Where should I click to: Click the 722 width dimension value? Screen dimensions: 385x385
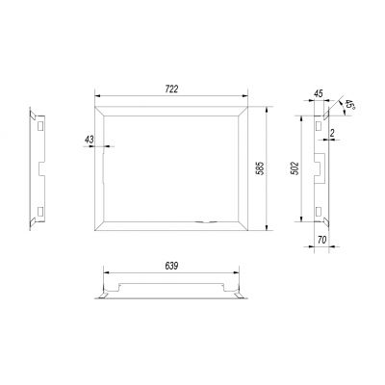tap(171, 90)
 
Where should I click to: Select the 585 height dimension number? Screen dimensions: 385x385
tap(261, 167)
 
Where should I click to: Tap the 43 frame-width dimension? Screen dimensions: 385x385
tap(90, 140)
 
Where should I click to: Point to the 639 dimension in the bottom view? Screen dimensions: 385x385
tap(171, 266)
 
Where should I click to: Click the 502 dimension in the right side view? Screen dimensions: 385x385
tap(295, 168)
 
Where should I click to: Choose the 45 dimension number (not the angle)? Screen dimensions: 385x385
tap(318, 93)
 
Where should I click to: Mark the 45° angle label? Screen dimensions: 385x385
tap(349, 106)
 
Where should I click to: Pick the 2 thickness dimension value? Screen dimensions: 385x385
tap(332, 133)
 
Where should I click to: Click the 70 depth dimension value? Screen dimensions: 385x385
tap(322, 240)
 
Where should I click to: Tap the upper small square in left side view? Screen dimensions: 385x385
tap(40, 126)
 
